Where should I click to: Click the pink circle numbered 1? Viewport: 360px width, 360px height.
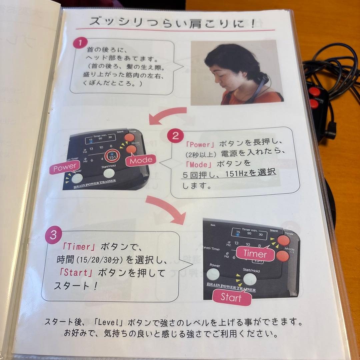tap(80, 43)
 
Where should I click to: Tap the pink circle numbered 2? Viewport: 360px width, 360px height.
tap(176, 136)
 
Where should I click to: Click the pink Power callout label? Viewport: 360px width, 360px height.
tap(65, 168)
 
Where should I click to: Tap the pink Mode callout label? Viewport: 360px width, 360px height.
tap(141, 161)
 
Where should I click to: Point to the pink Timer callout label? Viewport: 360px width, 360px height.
tap(255, 254)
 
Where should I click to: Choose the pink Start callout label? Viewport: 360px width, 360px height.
tap(231, 297)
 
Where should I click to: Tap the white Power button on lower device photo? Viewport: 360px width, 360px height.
tap(214, 274)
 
